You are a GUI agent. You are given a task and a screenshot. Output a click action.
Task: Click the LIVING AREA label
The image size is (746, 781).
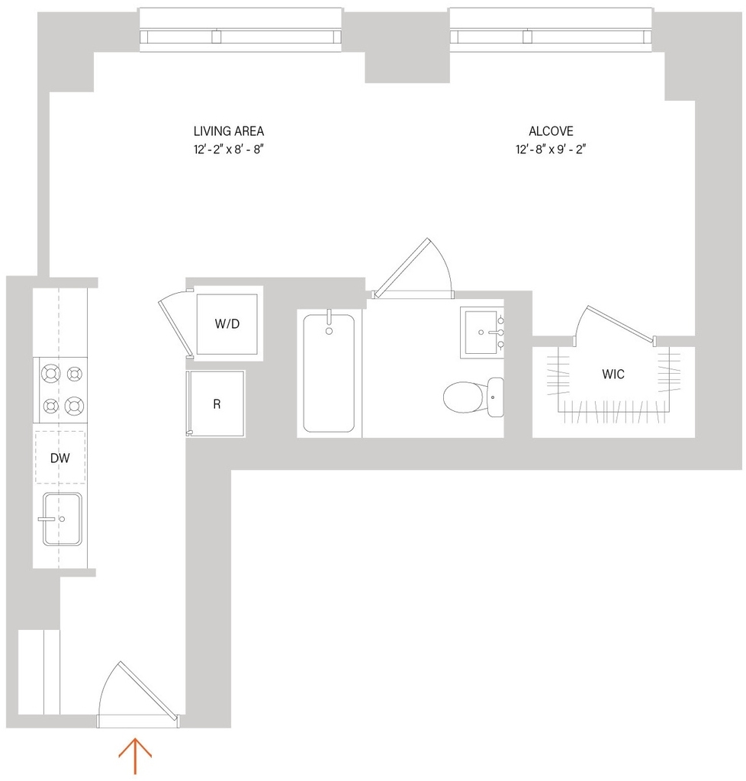click(x=229, y=131)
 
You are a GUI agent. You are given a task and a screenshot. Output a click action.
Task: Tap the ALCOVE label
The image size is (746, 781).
click(x=551, y=131)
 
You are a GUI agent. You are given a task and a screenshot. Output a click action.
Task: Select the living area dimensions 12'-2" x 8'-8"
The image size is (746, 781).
click(x=229, y=149)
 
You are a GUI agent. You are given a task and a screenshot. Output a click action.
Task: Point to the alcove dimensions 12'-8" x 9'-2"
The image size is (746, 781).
click(x=551, y=149)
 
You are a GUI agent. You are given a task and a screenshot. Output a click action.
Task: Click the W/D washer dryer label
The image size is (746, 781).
click(x=227, y=323)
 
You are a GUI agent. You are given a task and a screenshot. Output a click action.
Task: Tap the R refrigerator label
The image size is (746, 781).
click(x=217, y=404)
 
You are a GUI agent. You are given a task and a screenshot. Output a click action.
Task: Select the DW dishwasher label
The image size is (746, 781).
click(x=60, y=458)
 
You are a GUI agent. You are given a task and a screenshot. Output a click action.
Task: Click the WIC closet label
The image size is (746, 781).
click(x=613, y=374)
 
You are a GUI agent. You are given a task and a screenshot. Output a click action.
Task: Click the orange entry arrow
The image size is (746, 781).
click(x=135, y=756)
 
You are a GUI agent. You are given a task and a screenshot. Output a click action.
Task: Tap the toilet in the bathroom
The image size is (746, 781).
click(x=474, y=397)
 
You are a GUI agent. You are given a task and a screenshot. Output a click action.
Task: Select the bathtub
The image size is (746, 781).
click(x=329, y=372)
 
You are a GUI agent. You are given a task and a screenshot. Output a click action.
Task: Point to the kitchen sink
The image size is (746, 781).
click(x=62, y=519)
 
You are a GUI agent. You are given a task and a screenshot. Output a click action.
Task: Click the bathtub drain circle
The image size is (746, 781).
click(x=329, y=331)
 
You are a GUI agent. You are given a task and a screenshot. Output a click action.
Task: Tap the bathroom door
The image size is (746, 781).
click(x=401, y=269)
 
